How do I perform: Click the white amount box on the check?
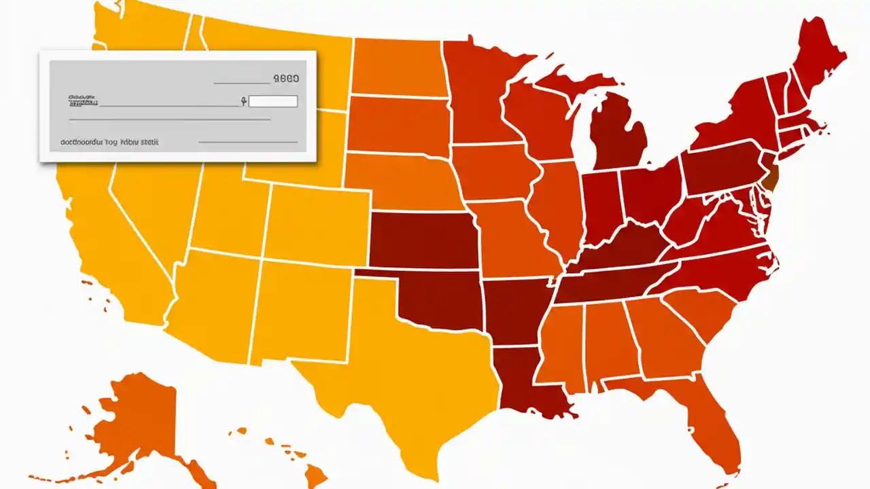[273, 102]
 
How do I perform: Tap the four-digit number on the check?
[285, 79]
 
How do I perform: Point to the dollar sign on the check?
[243, 102]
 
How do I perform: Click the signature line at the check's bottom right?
[247, 142]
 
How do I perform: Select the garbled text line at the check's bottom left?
[109, 143]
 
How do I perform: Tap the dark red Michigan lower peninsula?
[615, 136]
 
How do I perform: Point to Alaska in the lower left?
[136, 421]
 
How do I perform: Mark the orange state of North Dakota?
[398, 68]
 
